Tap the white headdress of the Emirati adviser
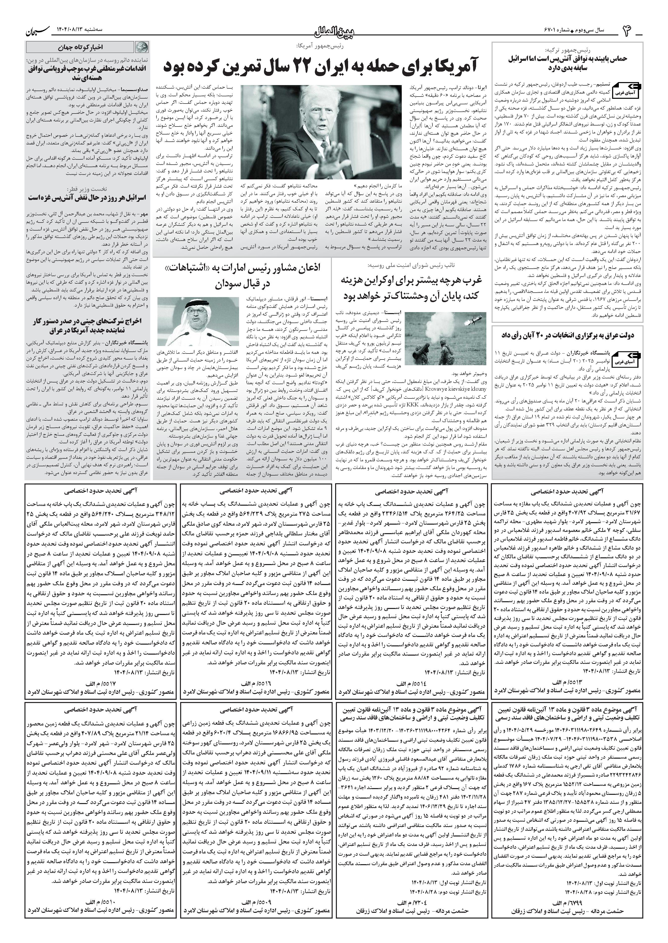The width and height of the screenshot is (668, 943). [x=194, y=313]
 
